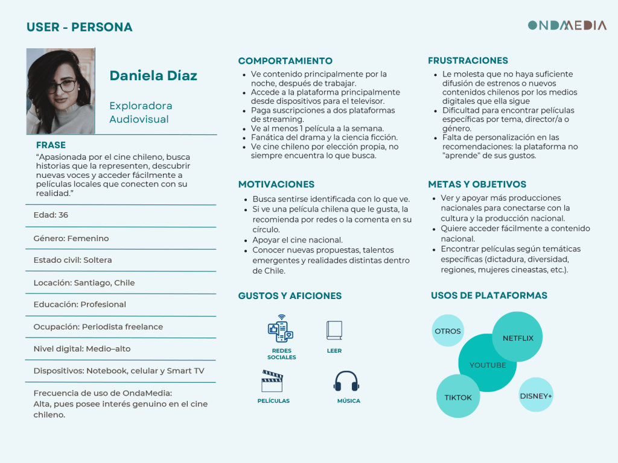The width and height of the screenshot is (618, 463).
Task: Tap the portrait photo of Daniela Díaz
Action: point(60,91)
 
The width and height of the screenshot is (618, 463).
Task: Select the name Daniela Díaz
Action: point(153,76)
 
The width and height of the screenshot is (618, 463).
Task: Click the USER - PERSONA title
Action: point(79,27)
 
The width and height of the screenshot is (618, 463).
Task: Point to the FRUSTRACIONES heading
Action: point(468,61)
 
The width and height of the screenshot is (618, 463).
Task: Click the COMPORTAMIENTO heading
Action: point(285,61)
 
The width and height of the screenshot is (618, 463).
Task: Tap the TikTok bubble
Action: point(458,397)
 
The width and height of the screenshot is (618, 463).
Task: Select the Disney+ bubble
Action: point(536,395)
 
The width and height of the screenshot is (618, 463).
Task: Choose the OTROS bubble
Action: point(448,331)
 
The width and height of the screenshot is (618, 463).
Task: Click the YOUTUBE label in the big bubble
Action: point(487,365)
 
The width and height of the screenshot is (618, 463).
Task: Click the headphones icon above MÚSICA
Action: point(346,382)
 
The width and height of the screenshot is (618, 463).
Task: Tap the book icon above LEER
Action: point(334,330)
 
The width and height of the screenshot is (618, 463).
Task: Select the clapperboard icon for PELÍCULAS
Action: point(272,382)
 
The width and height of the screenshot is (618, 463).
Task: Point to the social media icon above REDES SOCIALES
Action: point(281,329)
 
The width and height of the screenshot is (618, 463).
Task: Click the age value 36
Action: point(63,215)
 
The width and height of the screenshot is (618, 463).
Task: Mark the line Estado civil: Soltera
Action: point(72,260)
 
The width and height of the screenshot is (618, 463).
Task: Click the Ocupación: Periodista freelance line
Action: point(98,327)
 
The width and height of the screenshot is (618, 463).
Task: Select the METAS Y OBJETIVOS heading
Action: point(477,184)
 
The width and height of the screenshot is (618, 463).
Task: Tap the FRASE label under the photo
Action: point(51,145)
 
